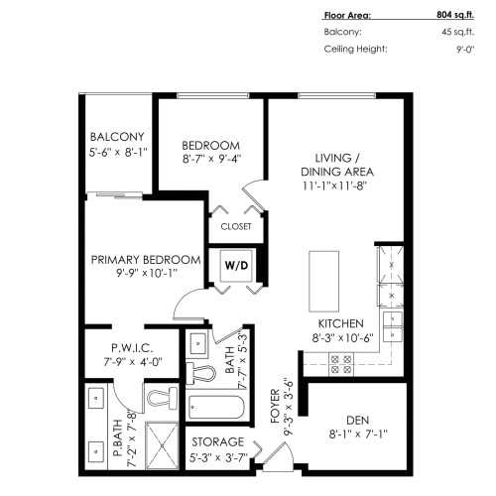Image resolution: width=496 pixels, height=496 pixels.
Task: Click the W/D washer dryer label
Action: [x=235, y=265]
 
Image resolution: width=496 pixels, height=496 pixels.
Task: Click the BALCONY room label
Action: [x=117, y=137]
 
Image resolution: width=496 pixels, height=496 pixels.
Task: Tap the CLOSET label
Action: [x=235, y=226]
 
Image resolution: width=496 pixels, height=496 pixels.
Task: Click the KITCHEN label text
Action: [x=339, y=323]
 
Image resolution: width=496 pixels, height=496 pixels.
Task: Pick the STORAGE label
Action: [x=217, y=441]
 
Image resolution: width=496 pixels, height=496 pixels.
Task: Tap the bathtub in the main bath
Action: [x=213, y=407]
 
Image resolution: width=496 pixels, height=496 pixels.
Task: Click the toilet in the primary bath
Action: [x=156, y=398]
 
